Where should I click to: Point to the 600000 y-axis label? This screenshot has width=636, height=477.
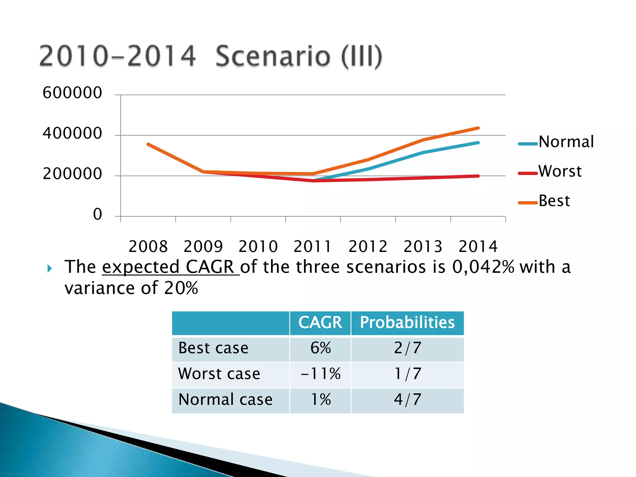(x=72, y=93)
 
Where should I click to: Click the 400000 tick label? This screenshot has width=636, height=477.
(x=72, y=134)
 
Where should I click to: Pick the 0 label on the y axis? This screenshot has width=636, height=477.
(x=98, y=215)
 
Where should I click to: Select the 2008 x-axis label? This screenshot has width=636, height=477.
(x=148, y=247)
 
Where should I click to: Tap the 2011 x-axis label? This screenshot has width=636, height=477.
(x=313, y=247)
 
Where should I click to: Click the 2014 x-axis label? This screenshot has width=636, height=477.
(x=478, y=247)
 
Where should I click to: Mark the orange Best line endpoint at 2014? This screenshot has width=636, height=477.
(x=478, y=128)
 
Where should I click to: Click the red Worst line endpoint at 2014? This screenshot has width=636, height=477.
(x=478, y=176)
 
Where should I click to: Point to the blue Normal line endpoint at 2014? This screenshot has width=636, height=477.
(x=478, y=143)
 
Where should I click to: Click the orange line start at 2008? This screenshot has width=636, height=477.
(x=148, y=144)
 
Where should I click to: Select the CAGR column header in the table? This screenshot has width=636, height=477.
(x=320, y=323)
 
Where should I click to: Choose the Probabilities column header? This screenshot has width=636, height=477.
(x=407, y=323)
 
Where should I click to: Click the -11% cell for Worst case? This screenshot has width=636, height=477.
(x=320, y=374)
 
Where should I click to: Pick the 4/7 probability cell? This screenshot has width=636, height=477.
(x=407, y=400)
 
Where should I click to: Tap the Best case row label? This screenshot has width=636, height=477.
(x=213, y=348)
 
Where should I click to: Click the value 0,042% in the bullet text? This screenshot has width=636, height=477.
(x=483, y=267)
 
